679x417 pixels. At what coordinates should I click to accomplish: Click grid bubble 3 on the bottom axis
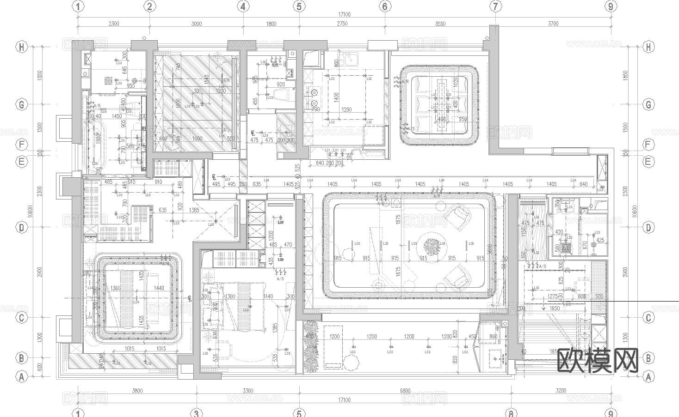click(196, 413)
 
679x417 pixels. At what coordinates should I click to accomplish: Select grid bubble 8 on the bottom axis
click(511, 413)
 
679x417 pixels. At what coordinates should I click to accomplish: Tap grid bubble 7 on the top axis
click(495, 6)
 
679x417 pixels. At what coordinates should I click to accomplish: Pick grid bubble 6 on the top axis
click(385, 6)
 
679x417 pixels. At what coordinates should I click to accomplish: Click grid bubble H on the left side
click(21, 47)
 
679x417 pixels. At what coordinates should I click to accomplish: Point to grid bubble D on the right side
click(648, 227)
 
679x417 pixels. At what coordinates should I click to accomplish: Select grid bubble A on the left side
click(21, 377)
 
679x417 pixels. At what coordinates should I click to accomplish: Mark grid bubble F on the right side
click(648, 145)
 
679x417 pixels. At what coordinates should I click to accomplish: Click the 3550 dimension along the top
click(440, 24)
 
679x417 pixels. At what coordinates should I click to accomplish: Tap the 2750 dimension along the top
click(342, 24)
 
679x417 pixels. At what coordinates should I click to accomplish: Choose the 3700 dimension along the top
click(553, 24)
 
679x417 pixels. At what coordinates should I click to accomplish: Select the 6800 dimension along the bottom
click(405, 391)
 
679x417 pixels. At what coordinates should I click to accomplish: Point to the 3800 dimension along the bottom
click(137, 391)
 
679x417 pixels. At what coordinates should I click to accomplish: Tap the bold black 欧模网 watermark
click(599, 360)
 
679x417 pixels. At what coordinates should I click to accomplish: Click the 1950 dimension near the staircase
click(555, 308)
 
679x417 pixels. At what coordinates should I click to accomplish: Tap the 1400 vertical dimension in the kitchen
click(336, 97)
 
